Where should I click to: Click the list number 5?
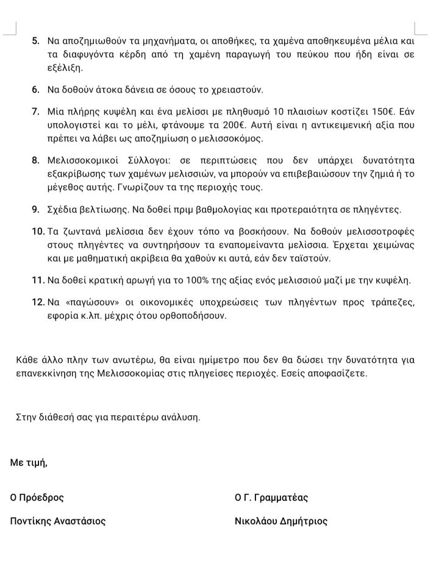[x=35, y=41]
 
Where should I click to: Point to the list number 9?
[x=35, y=210]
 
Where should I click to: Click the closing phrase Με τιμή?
[x=28, y=463]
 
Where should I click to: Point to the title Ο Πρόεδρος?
[x=37, y=497]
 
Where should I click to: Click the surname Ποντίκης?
[x=32, y=521]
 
